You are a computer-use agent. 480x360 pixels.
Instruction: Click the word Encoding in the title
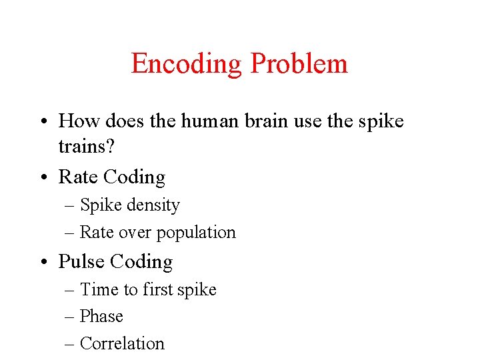pos(186,64)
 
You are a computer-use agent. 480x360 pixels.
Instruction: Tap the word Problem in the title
pos(299,64)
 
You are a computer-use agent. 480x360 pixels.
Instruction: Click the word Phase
pos(101,316)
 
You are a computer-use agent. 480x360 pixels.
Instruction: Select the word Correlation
pos(122,343)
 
